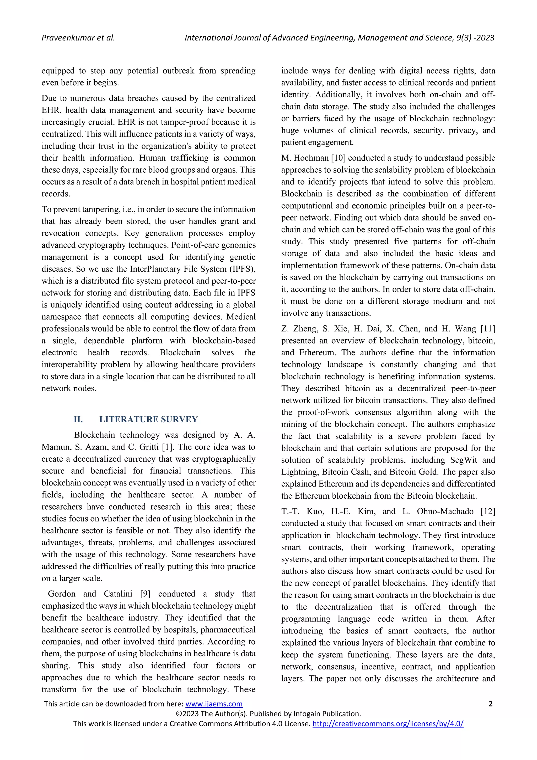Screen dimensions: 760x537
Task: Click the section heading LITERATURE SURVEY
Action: click(148, 419)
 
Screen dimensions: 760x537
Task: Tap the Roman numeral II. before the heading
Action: click(78, 419)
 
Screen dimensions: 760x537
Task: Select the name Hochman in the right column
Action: click(309, 158)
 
